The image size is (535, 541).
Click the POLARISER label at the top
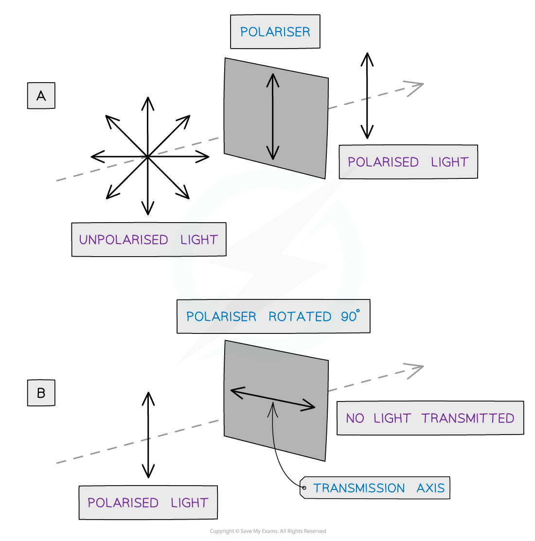275,32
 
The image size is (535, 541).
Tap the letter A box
41,96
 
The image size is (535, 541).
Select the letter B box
41,392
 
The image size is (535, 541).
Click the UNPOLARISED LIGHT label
148,240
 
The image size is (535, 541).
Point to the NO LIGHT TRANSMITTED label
430,418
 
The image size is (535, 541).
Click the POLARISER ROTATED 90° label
273,316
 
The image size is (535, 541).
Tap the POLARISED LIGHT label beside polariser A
408,162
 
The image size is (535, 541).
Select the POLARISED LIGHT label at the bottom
148,503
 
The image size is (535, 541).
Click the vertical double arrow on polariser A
273,117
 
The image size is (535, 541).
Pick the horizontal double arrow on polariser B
272,399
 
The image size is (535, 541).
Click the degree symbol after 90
358,311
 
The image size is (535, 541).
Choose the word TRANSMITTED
467,418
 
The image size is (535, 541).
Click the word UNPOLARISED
124,240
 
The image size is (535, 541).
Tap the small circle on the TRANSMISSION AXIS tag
304,488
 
